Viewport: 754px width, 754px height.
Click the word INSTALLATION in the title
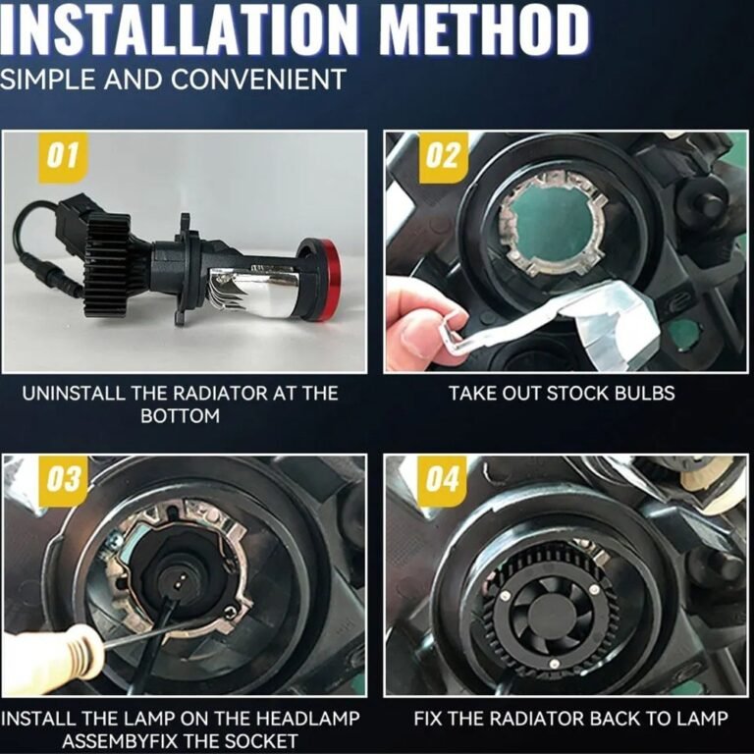(178, 29)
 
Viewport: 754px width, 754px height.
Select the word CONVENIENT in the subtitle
(258, 80)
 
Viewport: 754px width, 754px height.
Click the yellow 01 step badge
(64, 157)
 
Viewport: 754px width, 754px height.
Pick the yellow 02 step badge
(444, 157)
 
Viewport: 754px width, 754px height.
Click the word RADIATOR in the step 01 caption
(221, 394)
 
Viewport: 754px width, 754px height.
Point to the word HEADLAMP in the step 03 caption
(307, 719)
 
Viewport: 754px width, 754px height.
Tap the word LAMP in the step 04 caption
(703, 719)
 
